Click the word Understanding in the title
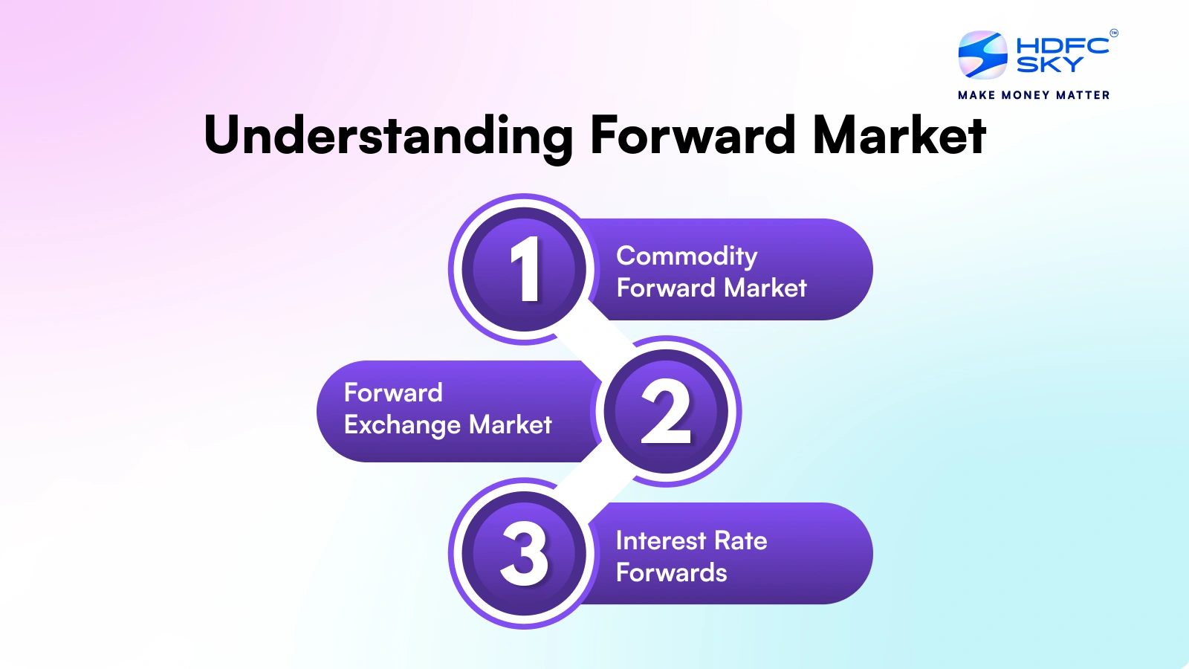pyautogui.click(x=388, y=136)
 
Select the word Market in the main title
pyautogui.click(x=899, y=136)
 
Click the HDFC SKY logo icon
pyautogui.click(x=982, y=55)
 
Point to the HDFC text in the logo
pyautogui.click(x=1062, y=45)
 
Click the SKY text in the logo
pyautogui.click(x=1049, y=65)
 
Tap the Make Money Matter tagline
pyautogui.click(x=1034, y=95)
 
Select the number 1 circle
pyautogui.click(x=525, y=269)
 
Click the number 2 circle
pyautogui.click(x=666, y=412)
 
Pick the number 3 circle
pyautogui.click(x=525, y=554)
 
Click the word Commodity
pyautogui.click(x=687, y=256)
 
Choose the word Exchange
pyautogui.click(x=403, y=425)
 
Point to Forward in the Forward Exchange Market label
pyautogui.click(x=393, y=392)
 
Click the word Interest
pyautogui.click(x=661, y=540)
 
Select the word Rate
pyautogui.click(x=741, y=540)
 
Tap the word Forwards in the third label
pyautogui.click(x=671, y=572)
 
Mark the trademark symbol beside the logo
pyautogui.click(x=1113, y=33)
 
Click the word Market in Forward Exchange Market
pyautogui.click(x=511, y=424)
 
